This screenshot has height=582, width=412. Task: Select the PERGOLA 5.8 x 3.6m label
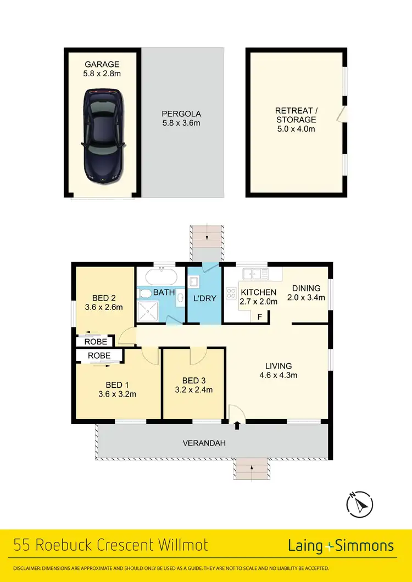pos(181,118)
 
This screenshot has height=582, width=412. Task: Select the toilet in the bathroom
pos(144,294)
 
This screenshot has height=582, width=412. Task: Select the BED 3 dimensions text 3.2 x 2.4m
pos(194,390)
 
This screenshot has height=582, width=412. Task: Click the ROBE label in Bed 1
pos(99,355)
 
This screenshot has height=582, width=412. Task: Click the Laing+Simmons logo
pos(341,546)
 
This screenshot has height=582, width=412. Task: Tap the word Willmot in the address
pos(181,546)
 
